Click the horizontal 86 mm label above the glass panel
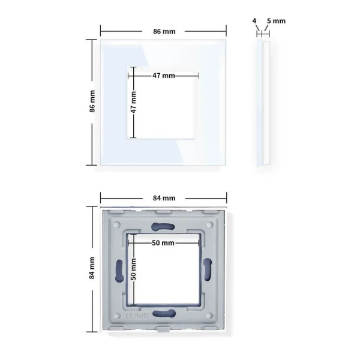[164, 31]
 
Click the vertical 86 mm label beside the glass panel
[92, 101]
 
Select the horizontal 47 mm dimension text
[164, 76]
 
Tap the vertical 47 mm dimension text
[133, 102]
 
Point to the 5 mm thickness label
[276, 21]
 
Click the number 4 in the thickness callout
[254, 21]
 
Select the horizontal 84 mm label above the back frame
[164, 198]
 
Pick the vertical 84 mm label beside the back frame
[92, 268]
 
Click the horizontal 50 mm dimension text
[163, 243]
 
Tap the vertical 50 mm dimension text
[133, 269]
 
